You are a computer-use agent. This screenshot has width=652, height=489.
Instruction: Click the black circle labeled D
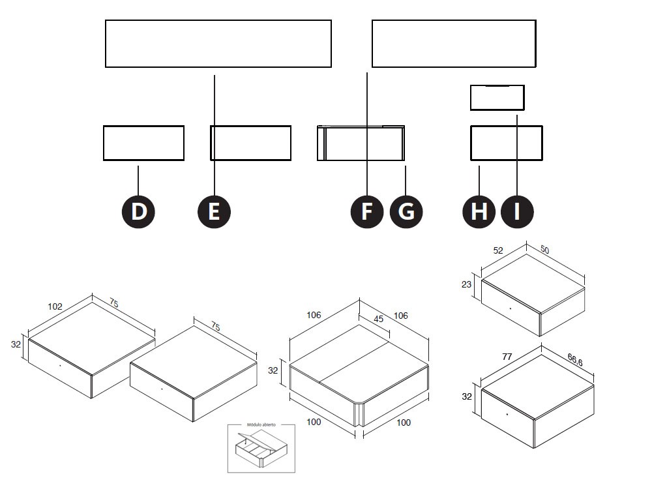138,212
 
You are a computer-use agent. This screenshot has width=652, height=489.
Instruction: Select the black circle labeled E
214,212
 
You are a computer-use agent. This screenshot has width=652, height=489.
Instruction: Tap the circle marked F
367,212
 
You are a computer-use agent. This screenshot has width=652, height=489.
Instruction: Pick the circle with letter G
406,212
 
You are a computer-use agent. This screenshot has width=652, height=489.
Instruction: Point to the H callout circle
479,212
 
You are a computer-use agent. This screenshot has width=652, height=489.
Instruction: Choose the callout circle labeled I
517,212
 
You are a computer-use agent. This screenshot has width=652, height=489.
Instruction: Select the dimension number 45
378,319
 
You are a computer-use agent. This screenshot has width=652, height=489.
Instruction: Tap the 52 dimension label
498,250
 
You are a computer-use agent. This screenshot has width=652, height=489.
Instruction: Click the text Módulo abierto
260,424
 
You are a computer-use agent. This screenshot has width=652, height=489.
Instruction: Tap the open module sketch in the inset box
259,449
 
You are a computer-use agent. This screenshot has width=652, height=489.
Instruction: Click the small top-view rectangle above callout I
497,98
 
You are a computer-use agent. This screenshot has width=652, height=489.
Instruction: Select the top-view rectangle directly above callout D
143,143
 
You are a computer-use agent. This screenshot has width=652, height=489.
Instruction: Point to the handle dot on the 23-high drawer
511,306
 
